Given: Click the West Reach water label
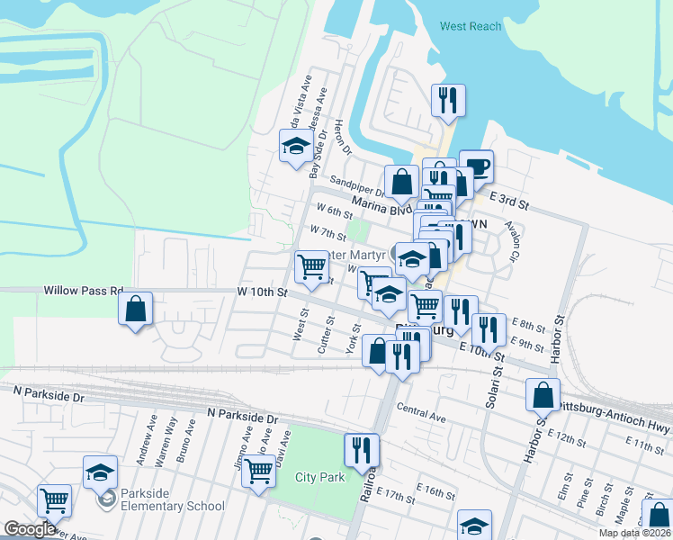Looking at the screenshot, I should coord(471,26).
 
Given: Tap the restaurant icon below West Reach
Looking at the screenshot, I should coord(448,101).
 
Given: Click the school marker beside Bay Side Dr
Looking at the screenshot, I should coord(295,148).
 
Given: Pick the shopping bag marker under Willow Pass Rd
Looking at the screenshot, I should coord(135,310).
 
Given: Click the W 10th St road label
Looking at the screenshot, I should coord(262,292).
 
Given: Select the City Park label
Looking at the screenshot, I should coord(319,477).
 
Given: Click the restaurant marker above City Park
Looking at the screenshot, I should coord(362,451).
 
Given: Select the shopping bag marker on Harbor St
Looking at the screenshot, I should coord(543,395).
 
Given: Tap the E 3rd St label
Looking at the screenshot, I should coord(508,199).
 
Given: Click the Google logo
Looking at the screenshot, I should coord(30,529).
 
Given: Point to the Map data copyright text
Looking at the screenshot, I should coord(635,533).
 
